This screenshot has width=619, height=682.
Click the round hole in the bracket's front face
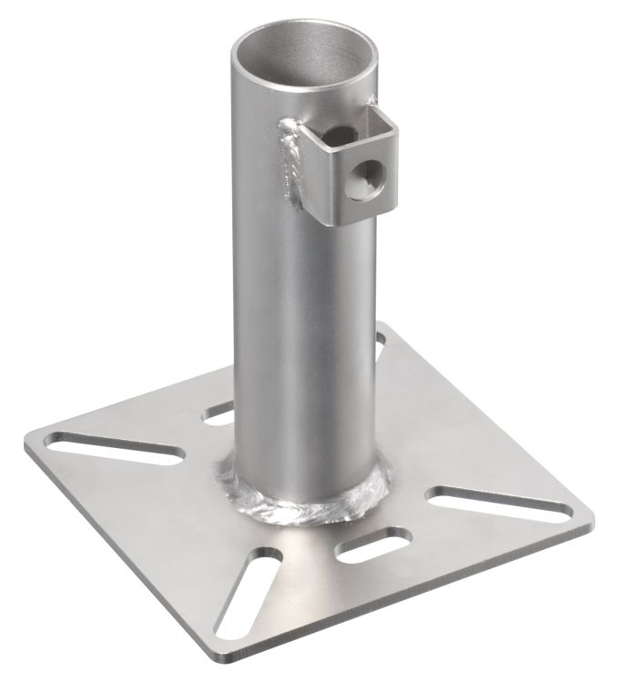[x=371, y=168]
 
